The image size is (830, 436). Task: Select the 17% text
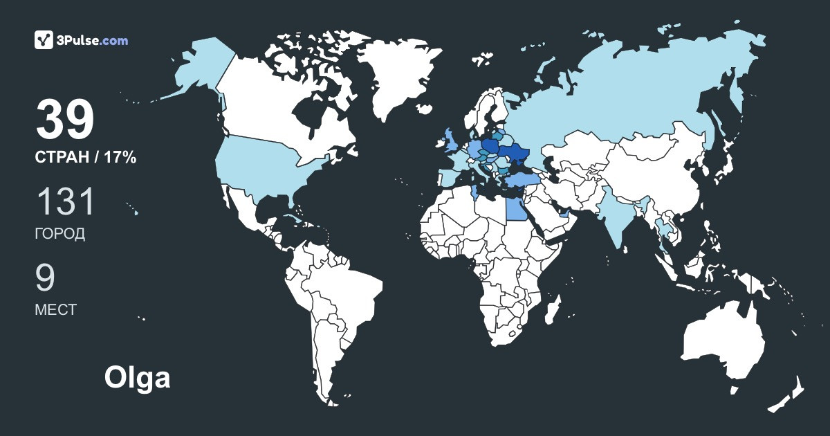tap(120, 158)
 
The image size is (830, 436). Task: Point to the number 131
tap(64, 202)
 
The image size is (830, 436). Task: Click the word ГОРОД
tap(59, 234)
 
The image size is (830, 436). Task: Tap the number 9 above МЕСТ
tap(45, 278)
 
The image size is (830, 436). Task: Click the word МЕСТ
tap(55, 310)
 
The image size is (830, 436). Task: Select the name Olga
tap(137, 378)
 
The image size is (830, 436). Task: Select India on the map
tap(616, 215)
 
